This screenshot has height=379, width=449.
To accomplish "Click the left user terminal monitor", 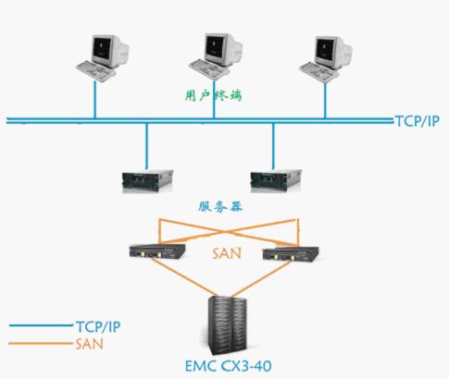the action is [x=110, y=51].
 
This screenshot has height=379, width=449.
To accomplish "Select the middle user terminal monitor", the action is [x=223, y=50].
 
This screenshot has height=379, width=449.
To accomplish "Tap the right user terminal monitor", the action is [x=333, y=53].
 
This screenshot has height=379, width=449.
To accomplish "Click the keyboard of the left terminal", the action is [x=96, y=70].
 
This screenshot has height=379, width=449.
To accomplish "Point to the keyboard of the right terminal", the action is [x=319, y=72].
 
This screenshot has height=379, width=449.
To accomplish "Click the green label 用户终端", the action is [x=214, y=95].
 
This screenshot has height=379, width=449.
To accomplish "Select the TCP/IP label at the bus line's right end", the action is [x=417, y=121].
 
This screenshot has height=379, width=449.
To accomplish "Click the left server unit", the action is [x=147, y=180].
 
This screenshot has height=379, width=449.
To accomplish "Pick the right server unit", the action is [x=276, y=180].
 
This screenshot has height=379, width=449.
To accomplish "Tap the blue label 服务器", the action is [x=220, y=206].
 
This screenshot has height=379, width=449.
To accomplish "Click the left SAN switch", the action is [x=157, y=251].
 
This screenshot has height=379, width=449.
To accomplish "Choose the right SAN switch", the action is [x=291, y=254].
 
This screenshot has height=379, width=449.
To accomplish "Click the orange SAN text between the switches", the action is [x=227, y=253].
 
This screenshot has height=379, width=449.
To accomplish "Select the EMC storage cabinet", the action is [x=228, y=325].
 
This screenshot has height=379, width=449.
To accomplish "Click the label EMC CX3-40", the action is [x=229, y=366].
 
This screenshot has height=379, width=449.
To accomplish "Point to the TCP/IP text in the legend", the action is [x=98, y=326].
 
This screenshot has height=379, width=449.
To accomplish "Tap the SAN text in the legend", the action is [x=89, y=344].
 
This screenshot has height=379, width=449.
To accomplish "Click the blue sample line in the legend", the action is [x=40, y=325].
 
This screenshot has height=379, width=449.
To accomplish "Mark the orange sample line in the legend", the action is [x=40, y=343].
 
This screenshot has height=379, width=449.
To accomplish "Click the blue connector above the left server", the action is [x=146, y=146].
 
